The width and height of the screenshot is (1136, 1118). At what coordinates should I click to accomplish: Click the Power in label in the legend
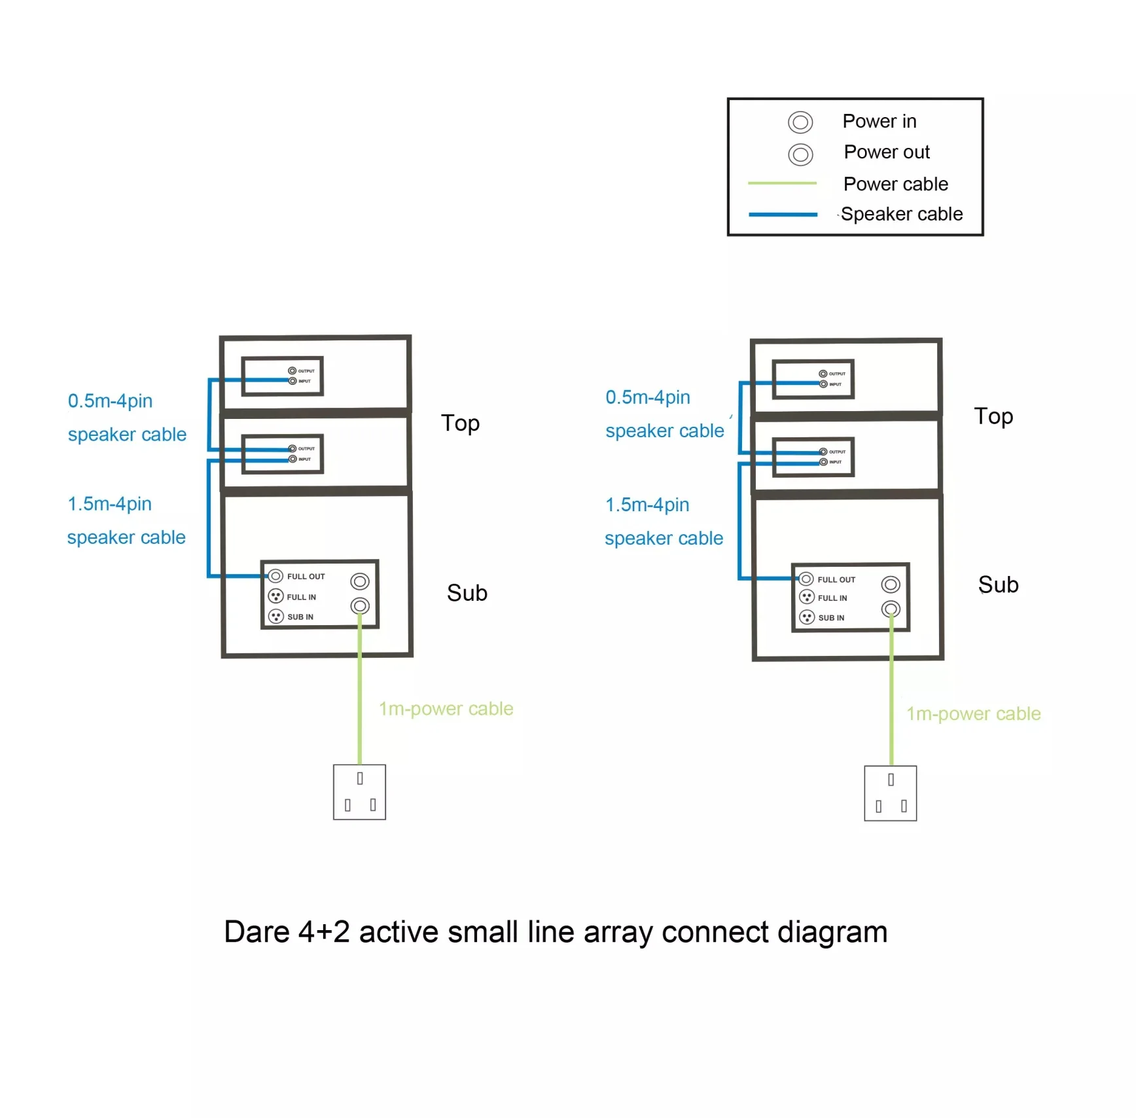(879, 121)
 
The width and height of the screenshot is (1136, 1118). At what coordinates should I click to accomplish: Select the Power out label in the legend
(886, 152)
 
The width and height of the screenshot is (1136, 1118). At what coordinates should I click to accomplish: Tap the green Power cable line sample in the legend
(782, 183)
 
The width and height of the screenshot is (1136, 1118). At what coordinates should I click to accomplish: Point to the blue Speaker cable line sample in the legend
(783, 214)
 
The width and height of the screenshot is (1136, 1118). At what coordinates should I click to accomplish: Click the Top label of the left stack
(460, 424)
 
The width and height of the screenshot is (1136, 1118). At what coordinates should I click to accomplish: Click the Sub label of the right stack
(998, 585)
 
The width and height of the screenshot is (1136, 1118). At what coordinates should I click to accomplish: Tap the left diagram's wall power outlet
(359, 792)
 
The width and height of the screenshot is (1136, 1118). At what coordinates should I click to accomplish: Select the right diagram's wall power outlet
(890, 793)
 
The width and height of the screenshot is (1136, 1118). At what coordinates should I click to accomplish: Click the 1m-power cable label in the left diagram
(446, 709)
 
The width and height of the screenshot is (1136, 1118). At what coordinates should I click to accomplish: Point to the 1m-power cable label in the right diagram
(973, 713)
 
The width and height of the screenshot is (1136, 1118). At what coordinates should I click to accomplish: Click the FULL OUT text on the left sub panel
(306, 577)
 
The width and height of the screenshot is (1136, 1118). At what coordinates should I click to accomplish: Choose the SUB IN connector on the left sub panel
(276, 617)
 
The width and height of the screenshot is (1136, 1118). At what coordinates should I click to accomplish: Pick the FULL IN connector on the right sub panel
(807, 597)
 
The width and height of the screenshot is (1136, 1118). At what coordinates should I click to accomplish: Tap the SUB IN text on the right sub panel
(831, 618)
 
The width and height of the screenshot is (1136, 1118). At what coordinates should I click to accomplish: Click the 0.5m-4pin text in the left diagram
(110, 401)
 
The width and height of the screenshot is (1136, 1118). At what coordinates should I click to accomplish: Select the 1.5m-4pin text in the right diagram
(647, 505)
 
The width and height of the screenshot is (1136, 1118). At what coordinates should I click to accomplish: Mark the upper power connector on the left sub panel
(360, 581)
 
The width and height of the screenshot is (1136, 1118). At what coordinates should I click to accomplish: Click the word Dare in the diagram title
(257, 931)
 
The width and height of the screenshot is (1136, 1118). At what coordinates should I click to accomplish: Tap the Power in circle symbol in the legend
(800, 122)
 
